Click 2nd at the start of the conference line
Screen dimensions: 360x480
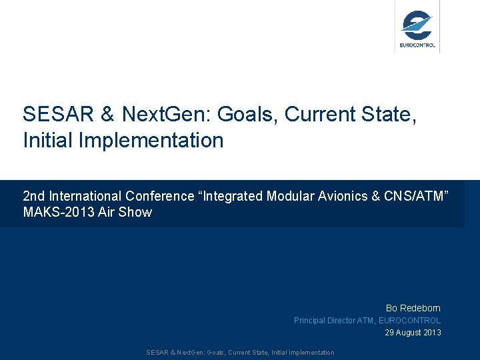[x=34, y=196]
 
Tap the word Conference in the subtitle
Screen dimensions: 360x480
[x=158, y=196]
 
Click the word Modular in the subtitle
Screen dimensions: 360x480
[x=288, y=196]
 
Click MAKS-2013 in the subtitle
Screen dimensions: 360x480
[x=56, y=213]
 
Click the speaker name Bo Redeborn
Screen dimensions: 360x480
[x=413, y=308]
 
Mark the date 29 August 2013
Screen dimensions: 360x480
[x=413, y=333]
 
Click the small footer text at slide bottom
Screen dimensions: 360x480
[x=240, y=353]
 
